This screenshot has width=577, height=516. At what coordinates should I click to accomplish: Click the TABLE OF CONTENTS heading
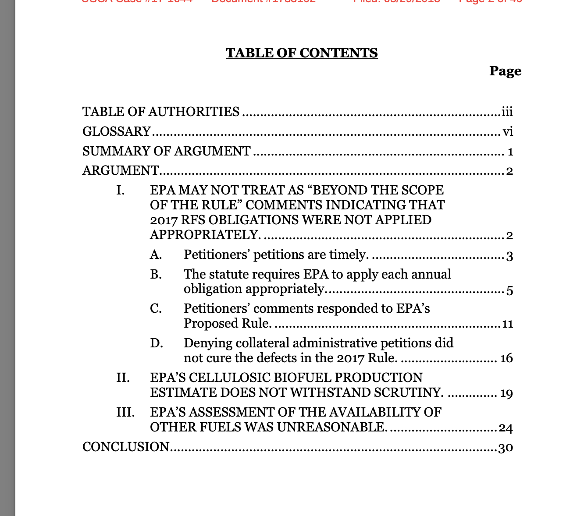pos(302,53)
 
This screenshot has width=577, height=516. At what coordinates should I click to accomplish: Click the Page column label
pos(505,71)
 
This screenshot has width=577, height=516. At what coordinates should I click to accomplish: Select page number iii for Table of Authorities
pos(507,112)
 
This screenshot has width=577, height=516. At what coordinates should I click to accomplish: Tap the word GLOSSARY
pos(117,131)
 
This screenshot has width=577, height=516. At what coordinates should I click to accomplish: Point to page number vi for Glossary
pos(508,132)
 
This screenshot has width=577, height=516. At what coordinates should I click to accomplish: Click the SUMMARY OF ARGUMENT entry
pos(167,151)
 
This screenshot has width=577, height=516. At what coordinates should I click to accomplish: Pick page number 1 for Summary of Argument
pos(510,152)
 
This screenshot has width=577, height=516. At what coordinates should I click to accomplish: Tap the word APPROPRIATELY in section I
pos(205,235)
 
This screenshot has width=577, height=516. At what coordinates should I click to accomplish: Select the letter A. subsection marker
pos(156,254)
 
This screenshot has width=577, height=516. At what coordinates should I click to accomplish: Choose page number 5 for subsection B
pos(509,290)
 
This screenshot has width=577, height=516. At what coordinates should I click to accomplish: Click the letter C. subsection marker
pos(156,309)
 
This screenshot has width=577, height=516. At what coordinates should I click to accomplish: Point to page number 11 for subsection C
pos(507,324)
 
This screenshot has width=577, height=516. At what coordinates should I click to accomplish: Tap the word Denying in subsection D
pos(206,343)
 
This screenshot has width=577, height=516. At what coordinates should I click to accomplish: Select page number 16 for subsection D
pos(506,359)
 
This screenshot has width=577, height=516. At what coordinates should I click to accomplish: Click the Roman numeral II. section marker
pos(123,378)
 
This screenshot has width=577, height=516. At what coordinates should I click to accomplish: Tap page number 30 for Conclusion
pos(506,448)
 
